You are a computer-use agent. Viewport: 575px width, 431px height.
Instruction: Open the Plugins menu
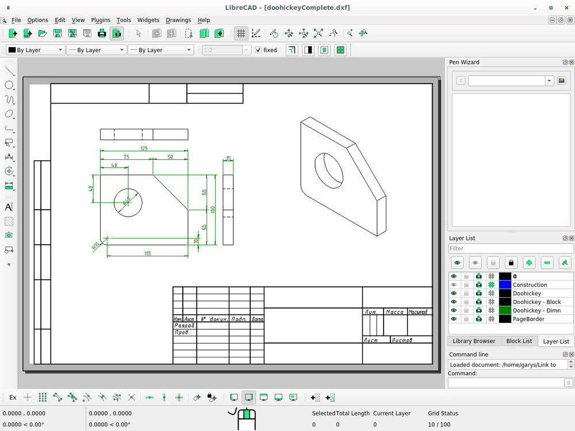click(101, 20)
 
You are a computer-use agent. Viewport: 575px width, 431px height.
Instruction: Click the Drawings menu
click(178, 20)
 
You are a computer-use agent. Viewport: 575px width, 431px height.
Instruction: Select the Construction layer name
click(530, 285)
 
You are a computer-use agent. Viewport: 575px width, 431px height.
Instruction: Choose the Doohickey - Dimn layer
click(536, 310)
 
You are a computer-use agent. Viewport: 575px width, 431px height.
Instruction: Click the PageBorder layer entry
click(528, 319)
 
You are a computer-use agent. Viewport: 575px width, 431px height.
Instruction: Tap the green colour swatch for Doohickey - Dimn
click(505, 310)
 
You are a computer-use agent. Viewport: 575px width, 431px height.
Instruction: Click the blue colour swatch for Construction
click(505, 285)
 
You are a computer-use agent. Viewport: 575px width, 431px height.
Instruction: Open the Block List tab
click(519, 341)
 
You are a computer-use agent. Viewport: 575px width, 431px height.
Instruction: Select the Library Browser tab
click(474, 341)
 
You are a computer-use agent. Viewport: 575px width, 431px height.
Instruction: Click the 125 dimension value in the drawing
click(144, 148)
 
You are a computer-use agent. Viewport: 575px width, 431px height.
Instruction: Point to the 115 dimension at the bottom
click(147, 253)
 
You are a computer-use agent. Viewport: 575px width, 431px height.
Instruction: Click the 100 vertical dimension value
click(213, 210)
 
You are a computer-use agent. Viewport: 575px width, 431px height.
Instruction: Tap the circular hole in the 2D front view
click(128, 202)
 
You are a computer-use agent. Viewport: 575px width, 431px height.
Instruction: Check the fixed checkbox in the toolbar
click(258, 50)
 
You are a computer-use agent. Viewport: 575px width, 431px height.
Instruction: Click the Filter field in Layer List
click(510, 249)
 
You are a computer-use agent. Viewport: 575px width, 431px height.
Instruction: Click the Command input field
click(505, 383)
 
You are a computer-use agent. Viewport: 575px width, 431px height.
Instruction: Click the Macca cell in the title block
click(394, 312)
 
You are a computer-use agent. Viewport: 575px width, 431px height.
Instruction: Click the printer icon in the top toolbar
click(102, 33)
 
